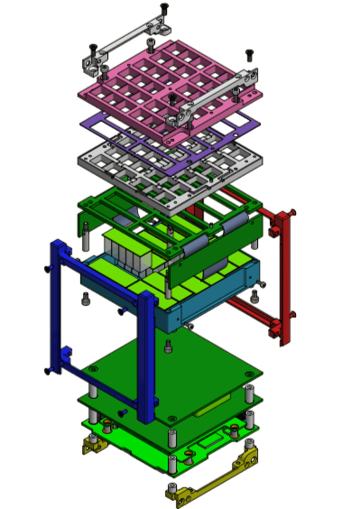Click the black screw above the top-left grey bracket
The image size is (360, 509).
[163, 8]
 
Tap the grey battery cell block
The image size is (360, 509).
[126, 253]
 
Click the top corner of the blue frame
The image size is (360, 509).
[58, 246]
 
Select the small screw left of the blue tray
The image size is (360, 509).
[85, 299]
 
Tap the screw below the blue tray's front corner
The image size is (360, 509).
[169, 346]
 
